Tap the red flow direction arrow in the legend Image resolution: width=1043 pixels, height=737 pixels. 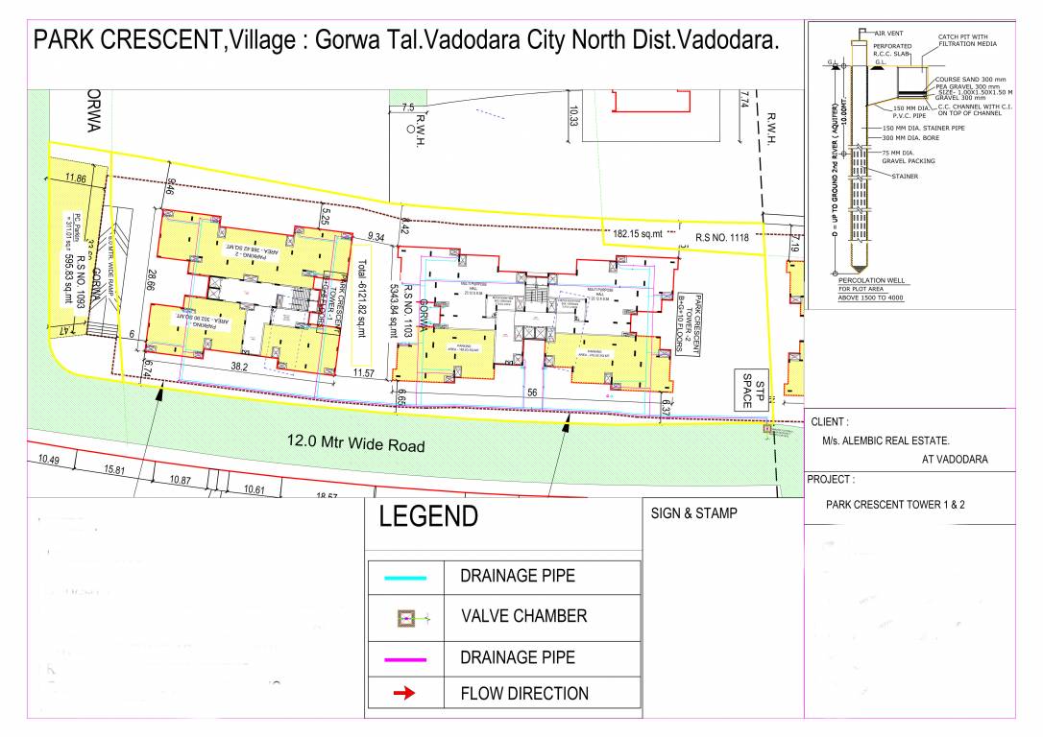point(404,693)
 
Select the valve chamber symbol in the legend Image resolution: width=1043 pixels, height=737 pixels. point(405,619)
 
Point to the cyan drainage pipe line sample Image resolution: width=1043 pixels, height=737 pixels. point(404,578)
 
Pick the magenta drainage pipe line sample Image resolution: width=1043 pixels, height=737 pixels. point(404,658)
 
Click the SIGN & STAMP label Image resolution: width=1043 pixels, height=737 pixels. point(694,513)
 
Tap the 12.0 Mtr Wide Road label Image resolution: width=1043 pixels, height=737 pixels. point(355,444)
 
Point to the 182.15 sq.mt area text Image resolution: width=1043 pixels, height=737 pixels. point(639,233)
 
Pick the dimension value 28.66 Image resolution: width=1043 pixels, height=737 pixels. point(152,286)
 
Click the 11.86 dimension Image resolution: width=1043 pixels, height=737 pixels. point(75,178)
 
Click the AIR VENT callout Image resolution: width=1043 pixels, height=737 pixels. point(887,33)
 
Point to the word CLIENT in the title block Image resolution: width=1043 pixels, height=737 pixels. point(829,421)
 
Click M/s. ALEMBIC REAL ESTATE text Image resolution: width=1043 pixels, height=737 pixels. point(885,440)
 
